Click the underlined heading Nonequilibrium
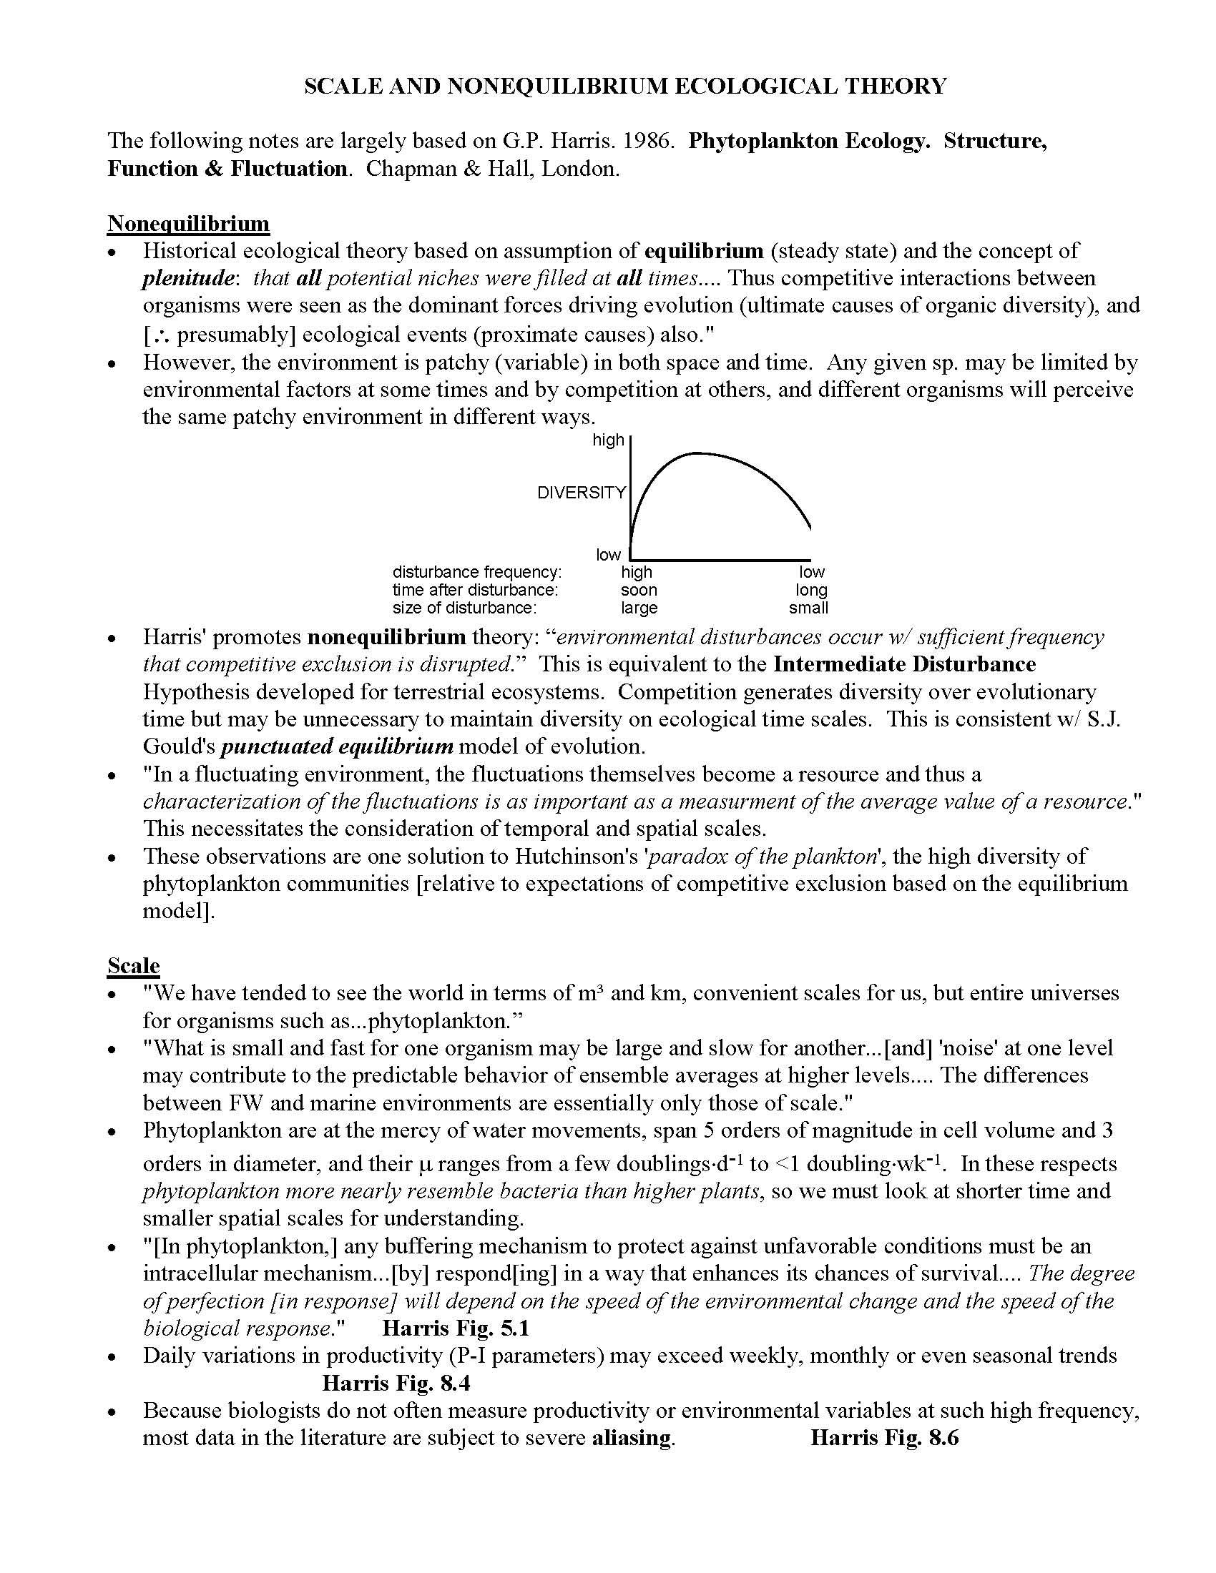pos(188,223)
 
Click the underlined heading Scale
pos(133,965)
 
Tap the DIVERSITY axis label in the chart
pos(582,493)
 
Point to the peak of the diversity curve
pos(697,453)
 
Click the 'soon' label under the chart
pos(639,590)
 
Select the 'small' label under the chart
pos(808,608)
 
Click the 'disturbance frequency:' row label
pos(477,572)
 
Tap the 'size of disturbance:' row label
pos(465,608)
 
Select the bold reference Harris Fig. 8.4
pos(396,1384)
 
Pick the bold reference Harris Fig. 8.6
pos(885,1439)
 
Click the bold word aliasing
pos(632,1439)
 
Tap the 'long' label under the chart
pos(811,590)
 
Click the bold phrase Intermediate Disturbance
pos(904,664)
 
